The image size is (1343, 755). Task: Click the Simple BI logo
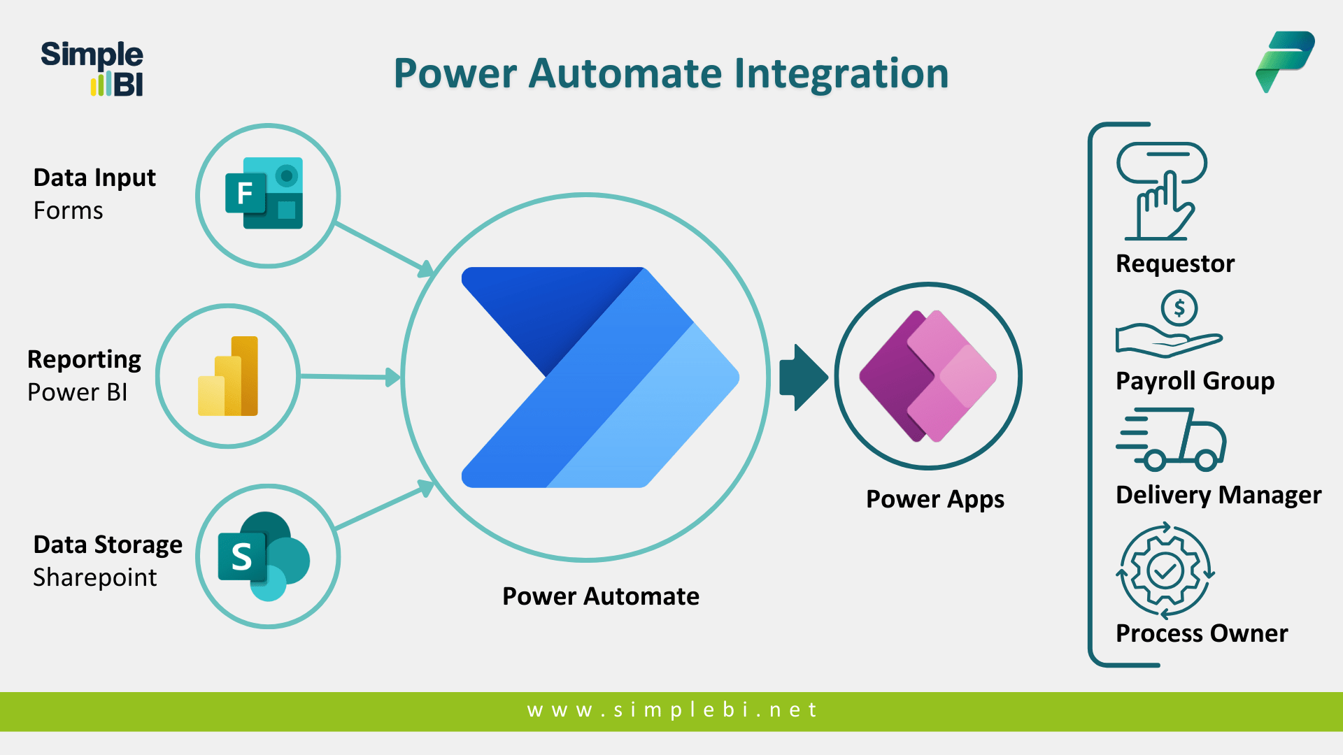click(92, 69)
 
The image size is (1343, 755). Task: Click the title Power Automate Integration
click(671, 73)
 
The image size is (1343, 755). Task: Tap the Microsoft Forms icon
click(264, 193)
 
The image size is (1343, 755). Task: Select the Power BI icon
click(229, 376)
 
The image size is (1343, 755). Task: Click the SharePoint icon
click(264, 556)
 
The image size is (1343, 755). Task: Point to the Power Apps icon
click(928, 376)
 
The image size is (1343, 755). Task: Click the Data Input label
click(94, 178)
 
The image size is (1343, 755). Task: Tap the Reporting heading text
click(84, 359)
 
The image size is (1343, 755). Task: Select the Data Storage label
click(108, 545)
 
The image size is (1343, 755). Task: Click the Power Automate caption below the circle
click(600, 596)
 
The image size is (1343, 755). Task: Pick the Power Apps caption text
click(935, 499)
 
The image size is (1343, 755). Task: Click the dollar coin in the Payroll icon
click(1179, 308)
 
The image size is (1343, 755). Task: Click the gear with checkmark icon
click(1165, 570)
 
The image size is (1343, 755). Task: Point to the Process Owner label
click(1201, 633)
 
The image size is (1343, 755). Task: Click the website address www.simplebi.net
click(671, 710)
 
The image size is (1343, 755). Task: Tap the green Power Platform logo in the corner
click(1285, 61)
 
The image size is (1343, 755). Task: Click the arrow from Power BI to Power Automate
click(350, 377)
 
